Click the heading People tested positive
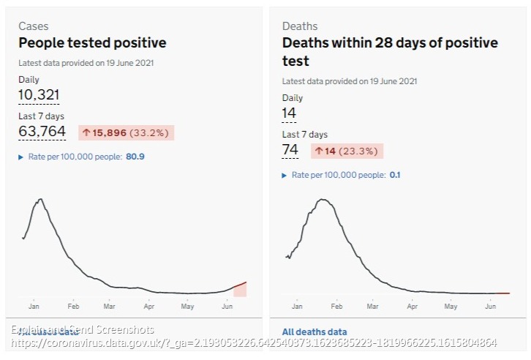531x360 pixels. (92, 42)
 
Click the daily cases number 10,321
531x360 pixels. (39, 94)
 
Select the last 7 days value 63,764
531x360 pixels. (42, 132)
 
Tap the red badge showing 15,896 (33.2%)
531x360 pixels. (127, 132)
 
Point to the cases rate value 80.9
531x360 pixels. (135, 156)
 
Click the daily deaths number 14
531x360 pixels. (289, 113)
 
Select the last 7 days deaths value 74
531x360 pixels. (290, 150)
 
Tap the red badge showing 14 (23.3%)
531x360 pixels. (346, 151)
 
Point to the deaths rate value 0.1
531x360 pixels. (395, 175)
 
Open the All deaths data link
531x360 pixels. (315, 332)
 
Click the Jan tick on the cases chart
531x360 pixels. (34, 307)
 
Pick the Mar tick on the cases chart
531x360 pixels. (110, 307)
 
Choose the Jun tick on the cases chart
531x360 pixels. (227, 307)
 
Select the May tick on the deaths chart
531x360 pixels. (451, 307)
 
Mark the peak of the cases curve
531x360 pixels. (39, 199)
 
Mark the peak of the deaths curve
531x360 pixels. (323, 199)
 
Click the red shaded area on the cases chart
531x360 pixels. (240, 290)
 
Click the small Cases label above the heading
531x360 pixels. (33, 26)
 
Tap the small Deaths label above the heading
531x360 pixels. (300, 26)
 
